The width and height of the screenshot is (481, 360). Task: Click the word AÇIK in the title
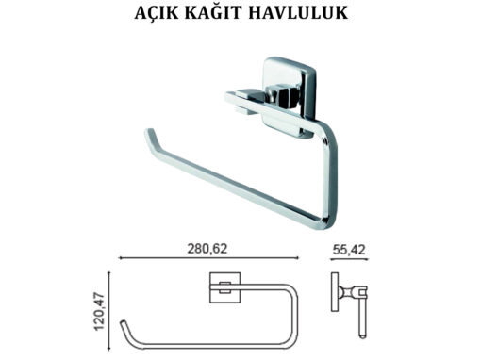(x=154, y=12)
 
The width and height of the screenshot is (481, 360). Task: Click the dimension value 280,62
(x=207, y=249)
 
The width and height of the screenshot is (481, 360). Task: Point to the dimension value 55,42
(x=349, y=250)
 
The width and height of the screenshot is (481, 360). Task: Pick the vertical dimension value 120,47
(x=99, y=311)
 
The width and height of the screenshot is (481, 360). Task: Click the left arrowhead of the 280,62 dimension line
(x=121, y=258)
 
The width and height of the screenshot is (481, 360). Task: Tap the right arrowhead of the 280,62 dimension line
(x=296, y=258)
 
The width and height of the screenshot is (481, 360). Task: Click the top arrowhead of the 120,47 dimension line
(x=109, y=274)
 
